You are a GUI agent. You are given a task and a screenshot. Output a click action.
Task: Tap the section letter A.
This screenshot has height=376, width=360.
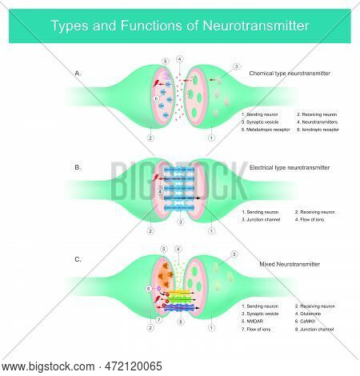(x=78, y=73)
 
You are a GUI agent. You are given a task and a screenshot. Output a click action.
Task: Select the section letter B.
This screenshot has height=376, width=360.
(x=78, y=167)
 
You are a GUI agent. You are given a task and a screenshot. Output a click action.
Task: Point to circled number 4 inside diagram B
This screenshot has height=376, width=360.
(x=160, y=192)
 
